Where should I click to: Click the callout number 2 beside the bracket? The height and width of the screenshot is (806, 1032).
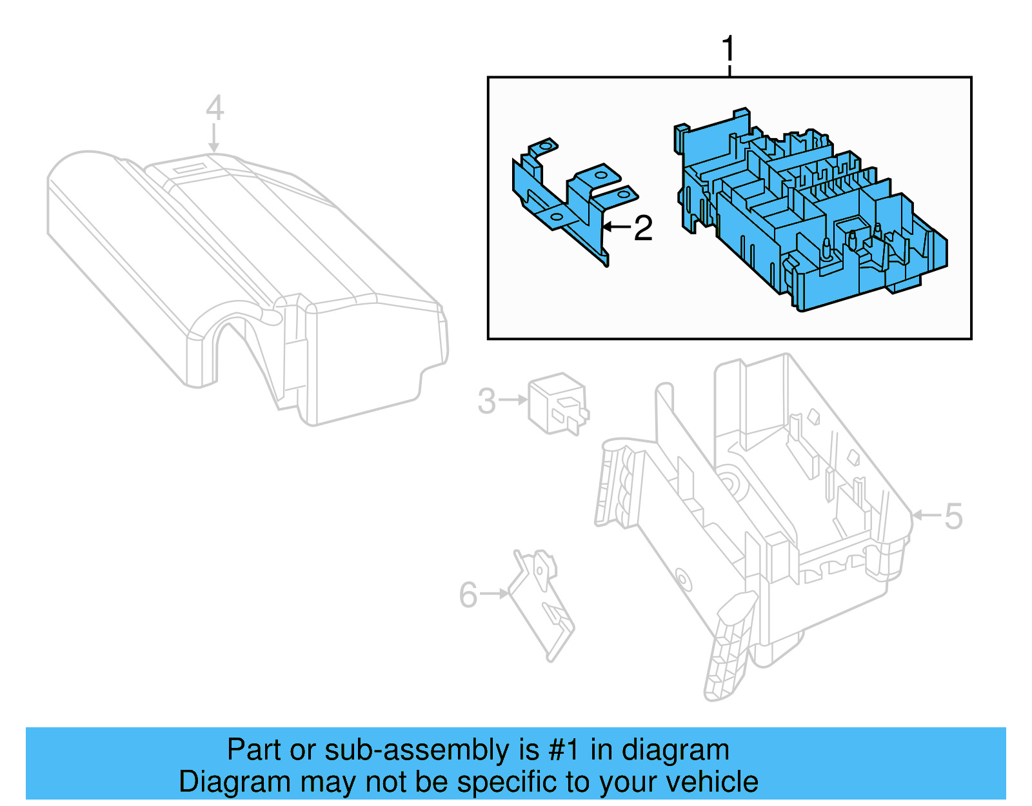point(643,228)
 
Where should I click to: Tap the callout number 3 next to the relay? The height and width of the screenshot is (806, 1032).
point(487,401)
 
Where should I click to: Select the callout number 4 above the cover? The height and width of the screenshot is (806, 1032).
point(215,108)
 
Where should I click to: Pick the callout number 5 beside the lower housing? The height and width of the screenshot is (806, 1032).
point(953,516)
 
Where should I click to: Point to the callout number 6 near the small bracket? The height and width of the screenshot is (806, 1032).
point(468,594)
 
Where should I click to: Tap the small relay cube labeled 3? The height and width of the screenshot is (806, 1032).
point(557,403)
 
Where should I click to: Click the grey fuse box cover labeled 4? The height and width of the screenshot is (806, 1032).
point(245,271)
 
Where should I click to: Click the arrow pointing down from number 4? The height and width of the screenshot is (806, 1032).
point(214,138)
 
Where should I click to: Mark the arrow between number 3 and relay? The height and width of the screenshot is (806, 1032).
point(514,400)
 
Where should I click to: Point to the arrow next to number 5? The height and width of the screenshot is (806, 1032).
point(927,515)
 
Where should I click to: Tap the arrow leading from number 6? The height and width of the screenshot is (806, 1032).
point(494,593)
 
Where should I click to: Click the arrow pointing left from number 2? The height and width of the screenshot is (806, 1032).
point(616,227)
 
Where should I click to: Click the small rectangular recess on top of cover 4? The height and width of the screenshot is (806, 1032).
point(190,168)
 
